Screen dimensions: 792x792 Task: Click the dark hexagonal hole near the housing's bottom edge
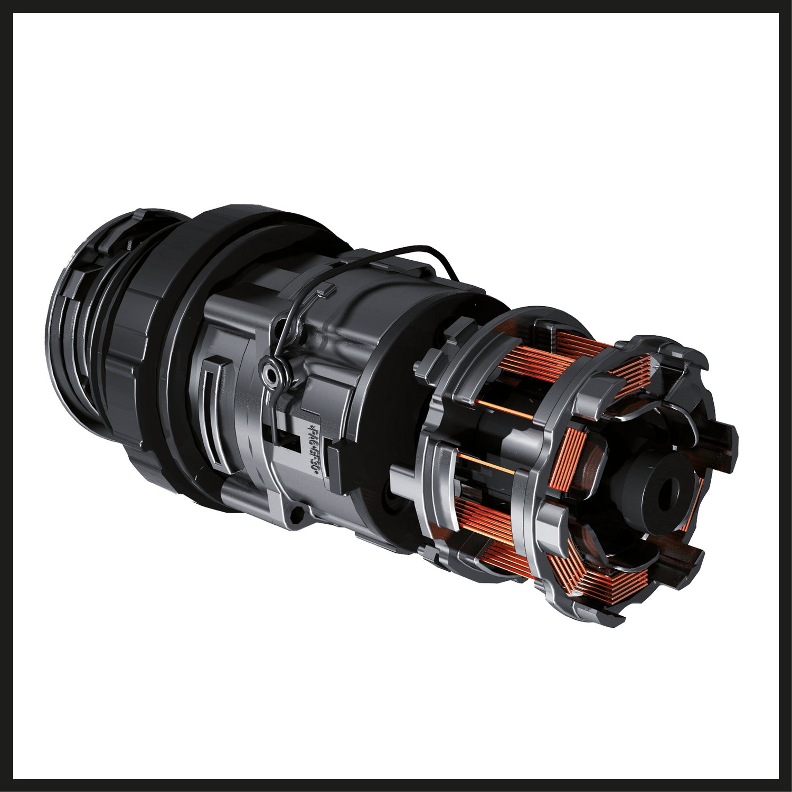coord(297,511)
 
